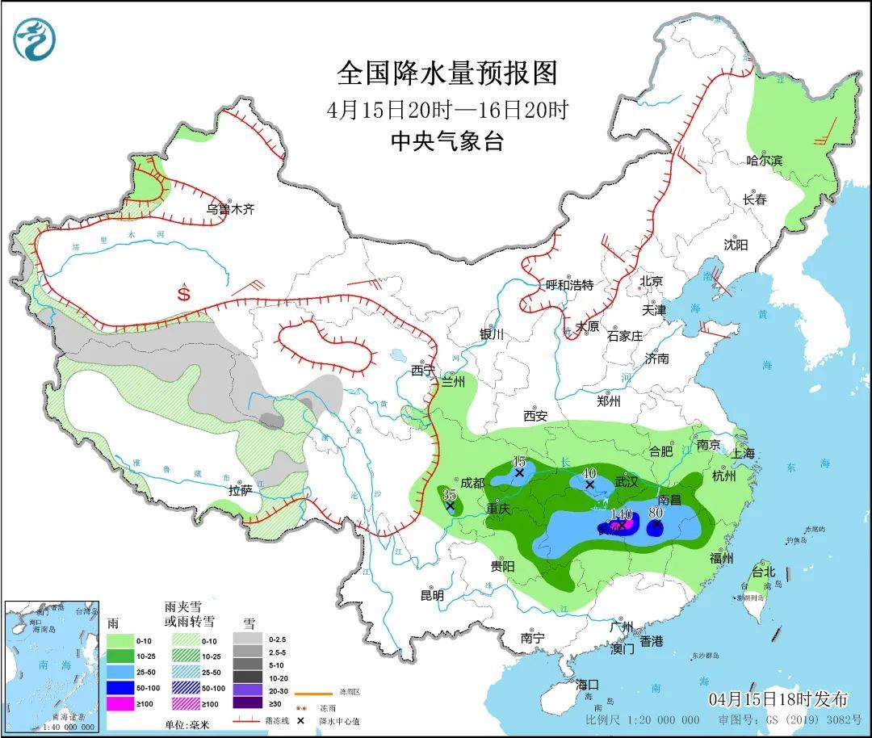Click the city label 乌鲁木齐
tap(230, 209)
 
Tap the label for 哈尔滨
tap(764, 161)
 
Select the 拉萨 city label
tap(241, 489)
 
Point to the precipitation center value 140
tap(621, 514)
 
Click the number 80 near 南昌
tap(656, 511)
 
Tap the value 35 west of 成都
tap(450, 494)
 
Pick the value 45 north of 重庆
tap(519, 461)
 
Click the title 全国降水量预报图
tap(447, 73)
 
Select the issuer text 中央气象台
tap(446, 142)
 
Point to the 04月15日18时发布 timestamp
tap(778, 698)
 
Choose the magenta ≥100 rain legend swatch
tap(121, 704)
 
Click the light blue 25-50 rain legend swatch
tap(121, 672)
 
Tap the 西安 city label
tap(535, 416)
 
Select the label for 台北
tap(762, 572)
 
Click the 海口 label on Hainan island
tap(587, 684)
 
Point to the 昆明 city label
tap(432, 596)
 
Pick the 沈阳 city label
tap(736, 244)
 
